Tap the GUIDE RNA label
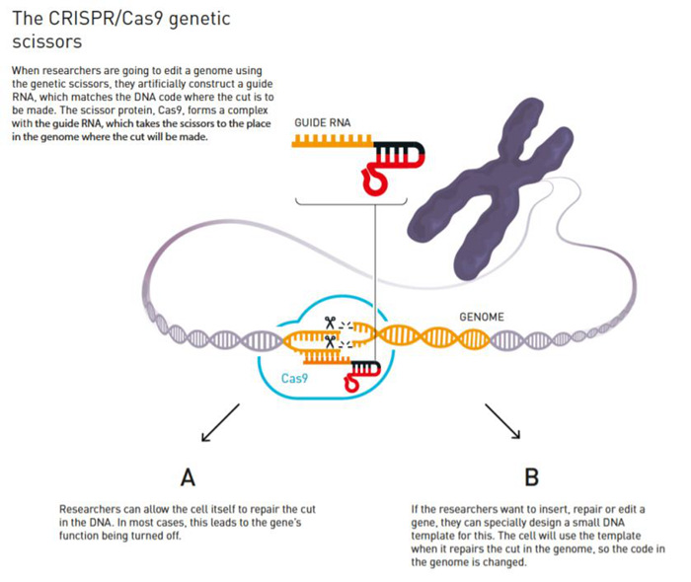tap(322, 122)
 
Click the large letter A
tap(187, 477)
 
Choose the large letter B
tap(531, 477)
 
